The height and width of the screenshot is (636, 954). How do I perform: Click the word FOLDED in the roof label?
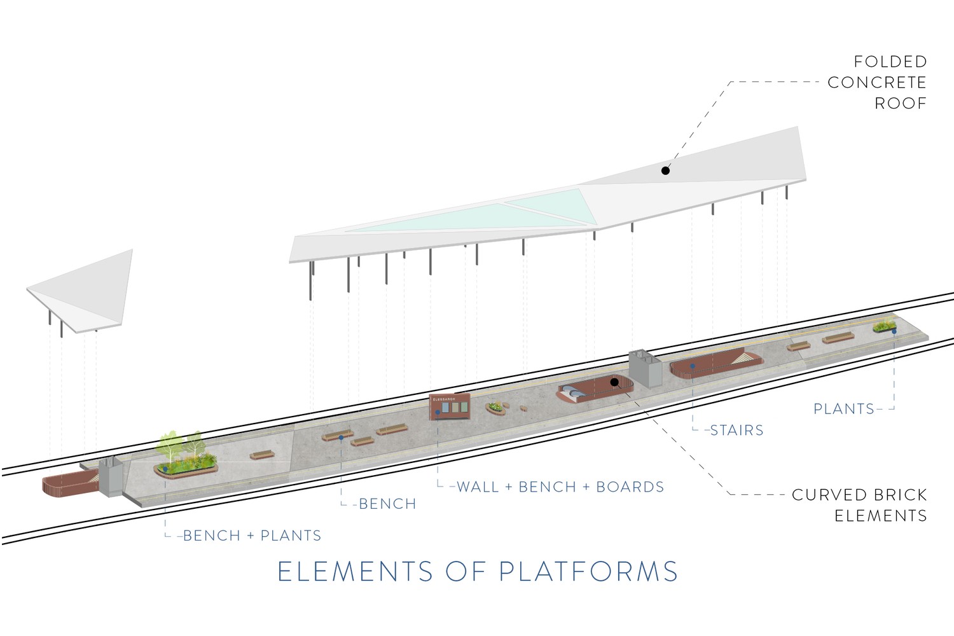click(890, 62)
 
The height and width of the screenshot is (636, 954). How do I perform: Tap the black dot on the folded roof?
click(665, 171)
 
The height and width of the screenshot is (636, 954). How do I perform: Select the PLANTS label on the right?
click(844, 409)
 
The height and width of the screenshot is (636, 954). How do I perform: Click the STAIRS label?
click(736, 430)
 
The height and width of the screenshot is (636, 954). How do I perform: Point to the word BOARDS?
click(630, 487)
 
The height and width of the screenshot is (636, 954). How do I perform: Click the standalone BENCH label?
click(387, 504)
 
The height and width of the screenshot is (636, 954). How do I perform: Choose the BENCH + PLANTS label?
click(252, 536)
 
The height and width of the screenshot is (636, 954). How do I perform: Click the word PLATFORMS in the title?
click(588, 571)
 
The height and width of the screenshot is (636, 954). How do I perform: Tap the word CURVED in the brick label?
click(826, 495)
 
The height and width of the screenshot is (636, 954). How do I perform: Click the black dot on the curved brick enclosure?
click(614, 382)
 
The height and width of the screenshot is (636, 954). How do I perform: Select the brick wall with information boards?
click(450, 406)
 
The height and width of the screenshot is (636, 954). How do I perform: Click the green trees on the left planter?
click(182, 446)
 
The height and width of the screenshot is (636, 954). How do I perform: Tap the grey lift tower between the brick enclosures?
click(646, 368)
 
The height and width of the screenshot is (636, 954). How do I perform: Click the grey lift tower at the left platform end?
click(111, 476)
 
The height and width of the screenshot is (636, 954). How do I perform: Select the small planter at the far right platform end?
click(885, 327)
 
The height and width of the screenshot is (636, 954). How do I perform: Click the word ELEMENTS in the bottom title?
click(356, 571)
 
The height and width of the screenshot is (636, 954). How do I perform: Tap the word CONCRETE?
click(877, 83)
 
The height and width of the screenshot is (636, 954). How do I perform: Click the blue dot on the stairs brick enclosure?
click(693, 366)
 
